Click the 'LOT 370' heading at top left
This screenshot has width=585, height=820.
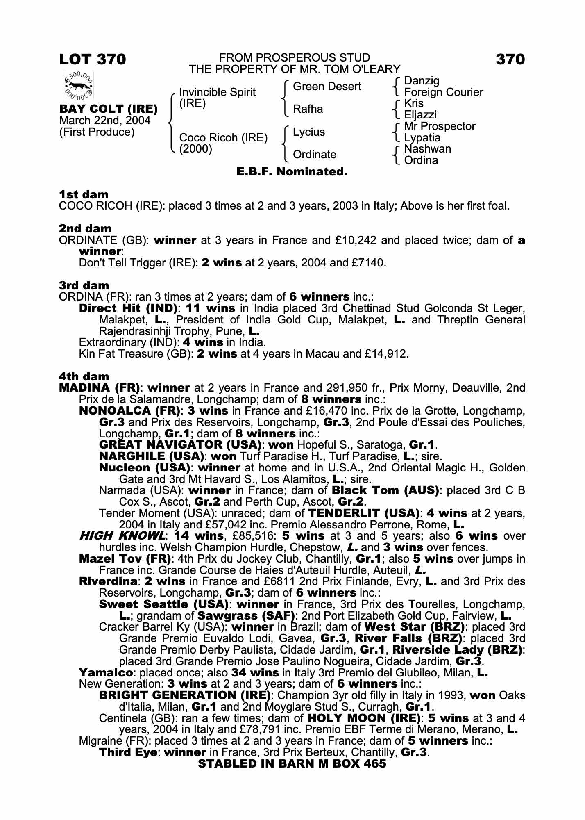click(x=93, y=59)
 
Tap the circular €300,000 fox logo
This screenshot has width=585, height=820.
click(x=78, y=86)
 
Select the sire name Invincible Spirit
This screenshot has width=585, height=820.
click(x=217, y=92)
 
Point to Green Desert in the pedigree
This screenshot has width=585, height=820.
click(x=327, y=87)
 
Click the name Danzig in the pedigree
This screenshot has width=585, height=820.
click(x=421, y=81)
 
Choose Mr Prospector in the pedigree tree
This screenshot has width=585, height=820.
click(x=439, y=126)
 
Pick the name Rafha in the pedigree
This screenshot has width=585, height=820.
click(x=308, y=109)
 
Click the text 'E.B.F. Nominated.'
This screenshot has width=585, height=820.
click(x=292, y=172)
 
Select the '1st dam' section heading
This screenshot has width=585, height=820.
click(x=84, y=194)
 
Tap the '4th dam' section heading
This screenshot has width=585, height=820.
click(x=84, y=376)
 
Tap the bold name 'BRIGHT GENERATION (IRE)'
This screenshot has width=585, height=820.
click(x=185, y=695)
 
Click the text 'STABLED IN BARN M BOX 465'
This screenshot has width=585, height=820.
click(x=292, y=763)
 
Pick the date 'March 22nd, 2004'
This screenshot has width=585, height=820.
click(x=105, y=121)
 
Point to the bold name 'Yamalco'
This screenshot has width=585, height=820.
click(x=106, y=672)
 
